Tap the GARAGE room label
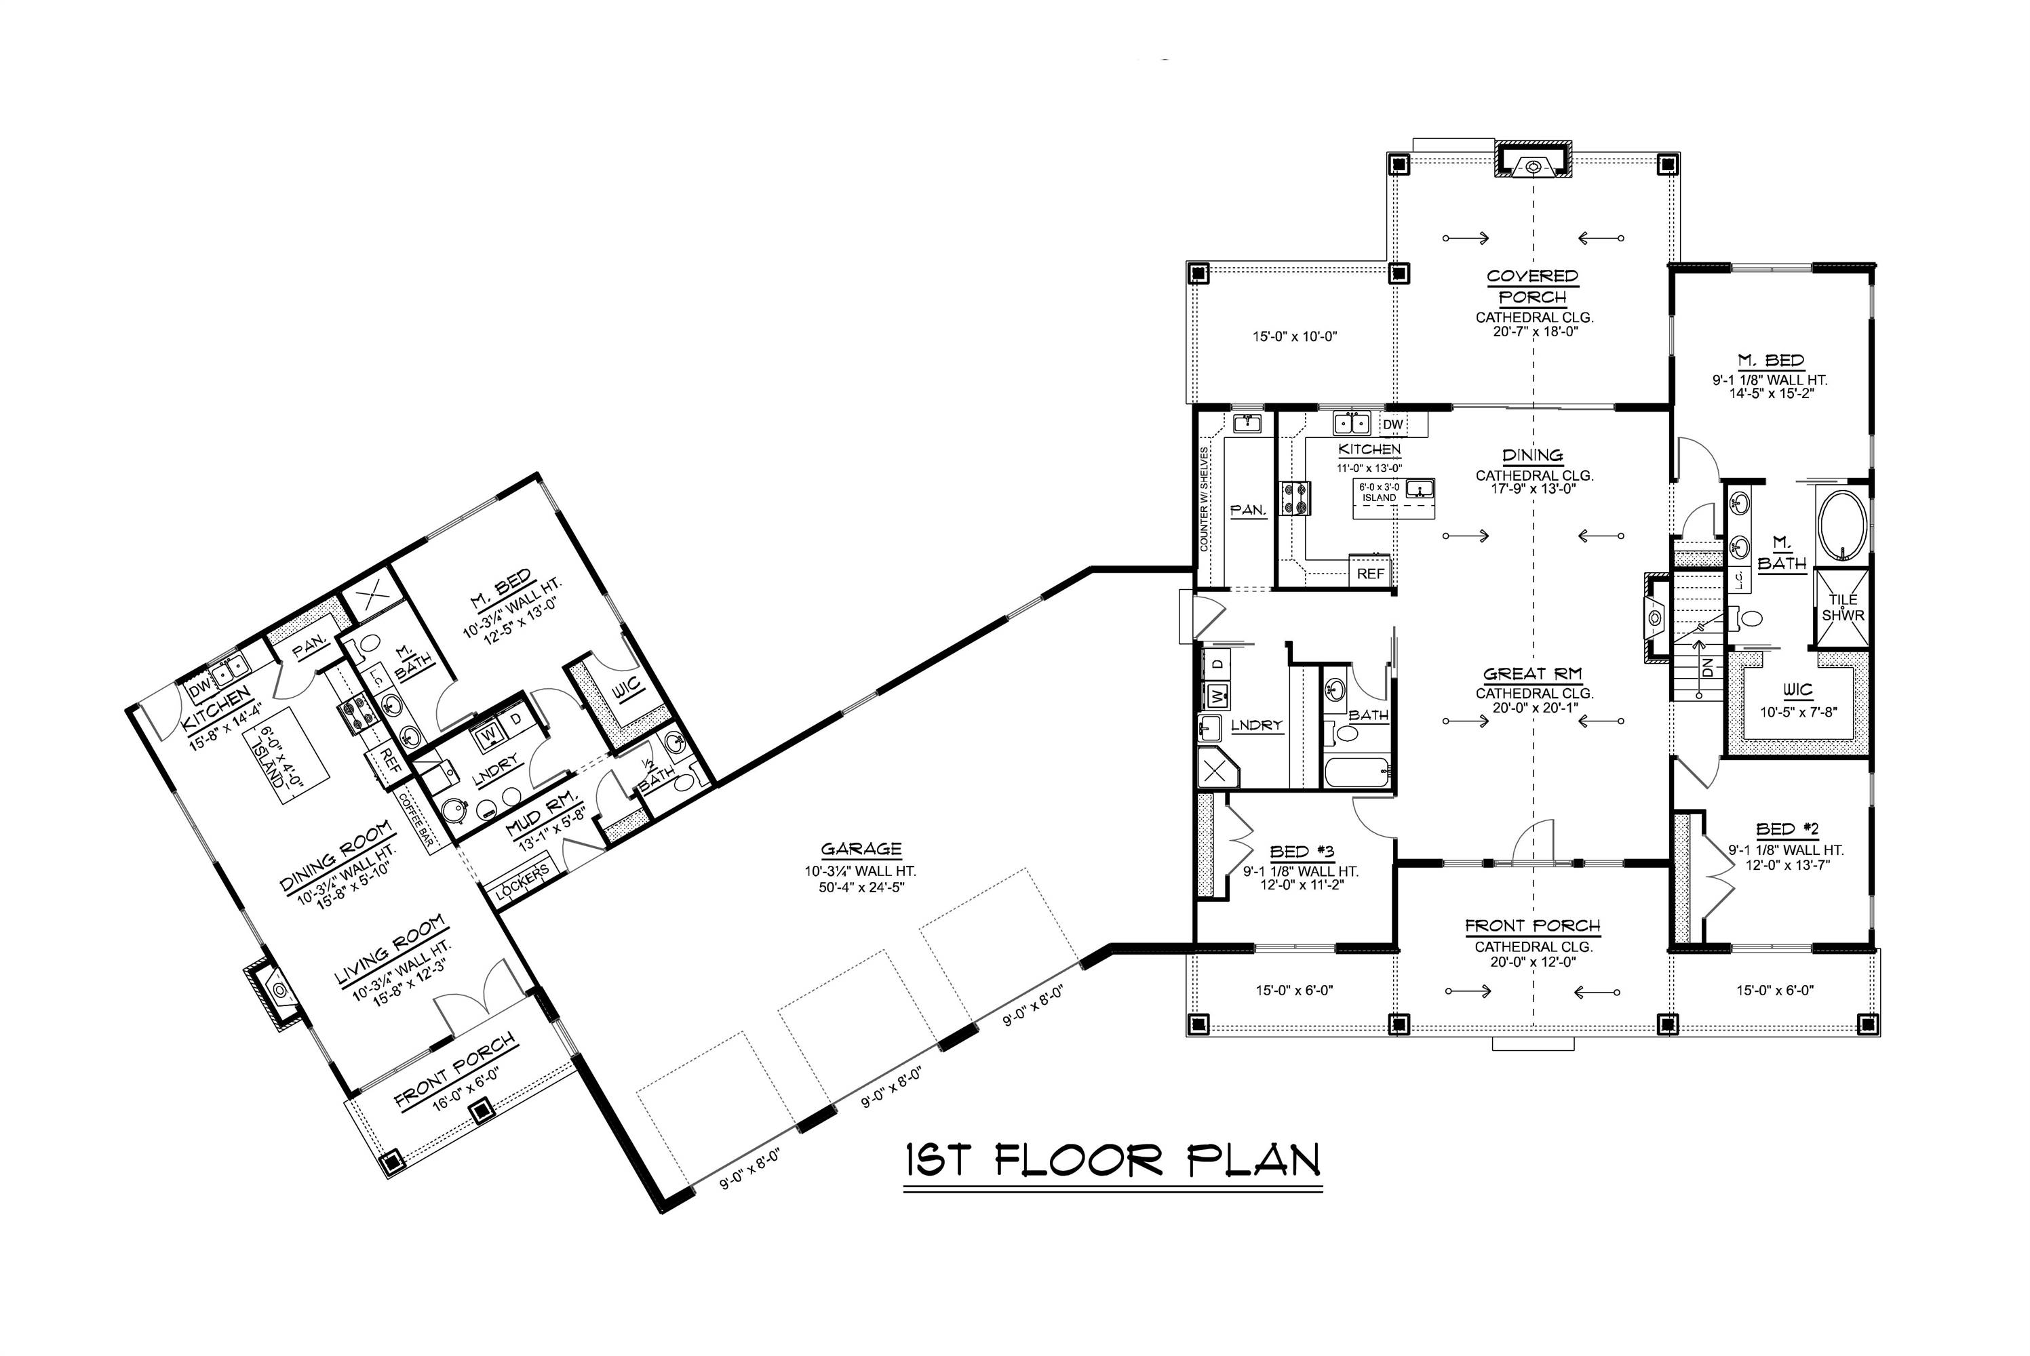tap(861, 850)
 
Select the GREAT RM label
tap(1533, 674)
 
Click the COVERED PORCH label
tap(1533, 286)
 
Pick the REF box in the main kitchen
tap(1370, 574)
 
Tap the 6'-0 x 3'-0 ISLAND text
tap(1379, 493)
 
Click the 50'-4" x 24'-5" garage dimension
tap(861, 886)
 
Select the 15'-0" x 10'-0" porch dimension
tap(1295, 336)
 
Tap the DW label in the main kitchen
tap(1392, 424)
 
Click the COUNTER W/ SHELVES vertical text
tap(1204, 499)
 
